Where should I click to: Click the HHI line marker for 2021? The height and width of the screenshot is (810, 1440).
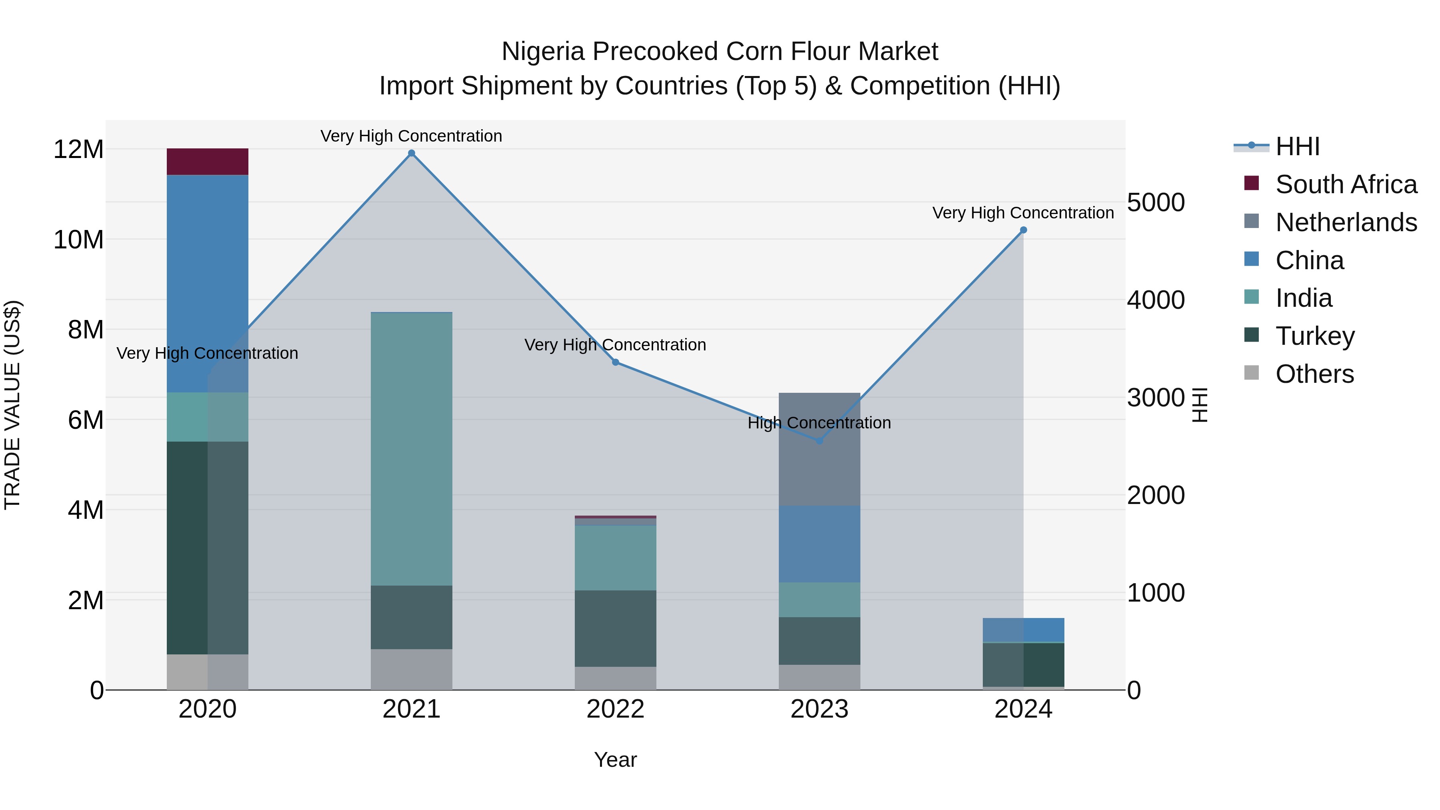[412, 153]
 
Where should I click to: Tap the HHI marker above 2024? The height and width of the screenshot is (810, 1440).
[1024, 230]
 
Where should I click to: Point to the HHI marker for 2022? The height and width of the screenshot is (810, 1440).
[616, 362]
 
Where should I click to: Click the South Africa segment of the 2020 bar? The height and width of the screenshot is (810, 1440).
[207, 162]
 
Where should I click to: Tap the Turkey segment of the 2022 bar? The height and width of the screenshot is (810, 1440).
[616, 628]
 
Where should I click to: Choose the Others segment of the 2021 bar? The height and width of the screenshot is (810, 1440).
[412, 669]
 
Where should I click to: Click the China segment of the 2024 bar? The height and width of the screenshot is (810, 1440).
[1024, 630]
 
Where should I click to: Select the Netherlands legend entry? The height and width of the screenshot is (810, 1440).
[1346, 222]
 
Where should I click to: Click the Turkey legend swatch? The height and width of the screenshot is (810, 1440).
[1252, 336]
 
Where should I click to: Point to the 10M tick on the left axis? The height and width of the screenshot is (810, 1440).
[78, 240]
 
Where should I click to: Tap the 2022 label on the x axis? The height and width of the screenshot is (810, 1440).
[616, 709]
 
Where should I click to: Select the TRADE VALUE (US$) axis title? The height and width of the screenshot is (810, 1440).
[12, 405]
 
